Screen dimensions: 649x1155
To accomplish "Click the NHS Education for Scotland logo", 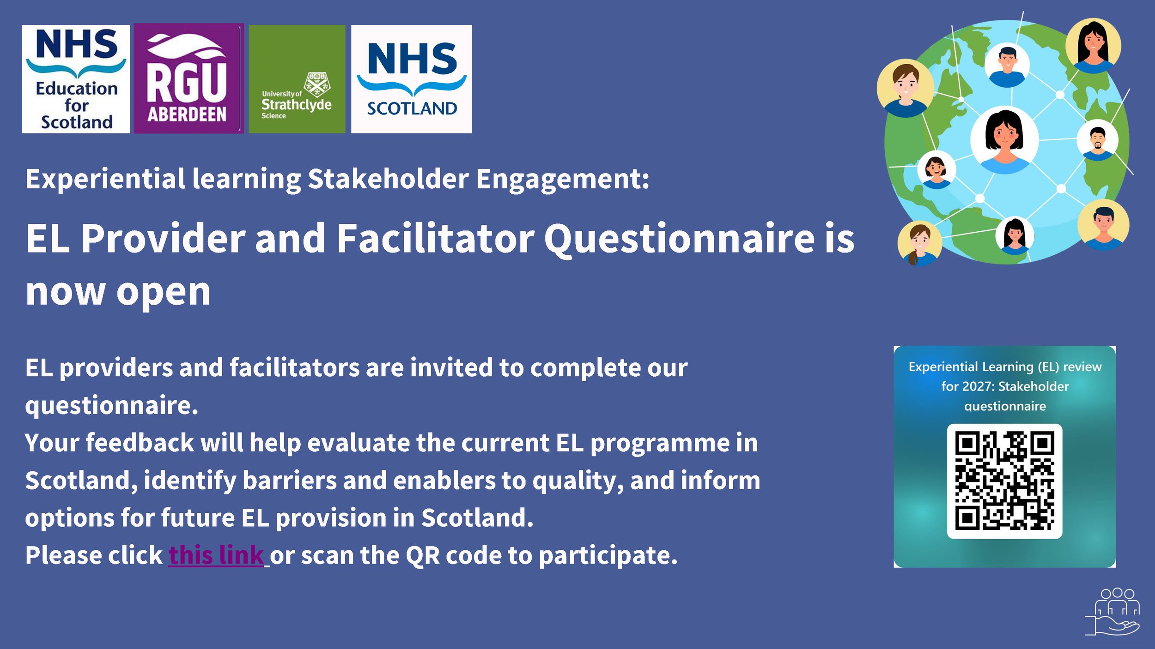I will (76, 79).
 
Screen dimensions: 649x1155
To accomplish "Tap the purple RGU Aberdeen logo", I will (188, 78).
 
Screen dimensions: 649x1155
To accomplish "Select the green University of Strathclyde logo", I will (297, 79).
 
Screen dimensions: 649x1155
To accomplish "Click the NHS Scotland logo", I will (411, 79).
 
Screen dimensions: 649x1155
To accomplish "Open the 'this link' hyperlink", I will (216, 555).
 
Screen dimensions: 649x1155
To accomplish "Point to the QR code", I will (1004, 481).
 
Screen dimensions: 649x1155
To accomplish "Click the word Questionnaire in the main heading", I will (679, 239).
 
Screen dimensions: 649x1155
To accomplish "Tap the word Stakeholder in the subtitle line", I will (388, 179).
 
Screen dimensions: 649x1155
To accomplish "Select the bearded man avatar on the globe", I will (1097, 140).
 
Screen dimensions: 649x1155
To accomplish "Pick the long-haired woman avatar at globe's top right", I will (1093, 45).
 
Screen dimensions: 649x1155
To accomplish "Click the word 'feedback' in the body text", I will (140, 443).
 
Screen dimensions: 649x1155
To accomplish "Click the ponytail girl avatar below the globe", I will (919, 243).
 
